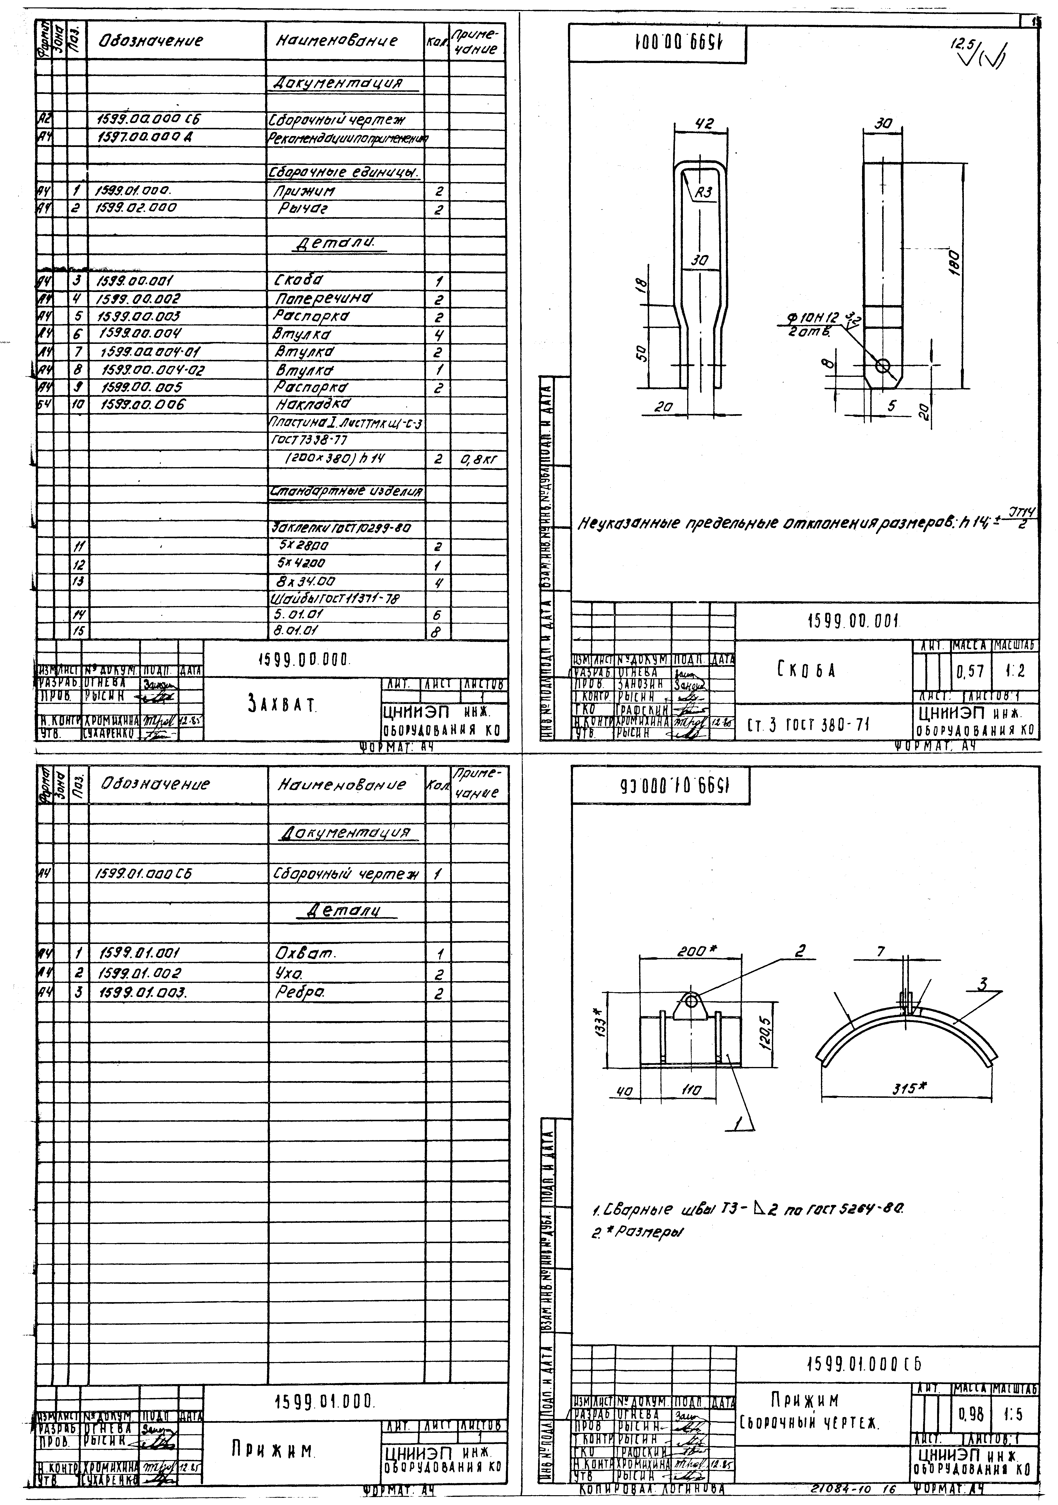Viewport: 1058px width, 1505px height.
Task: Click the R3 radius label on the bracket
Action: point(703,193)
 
